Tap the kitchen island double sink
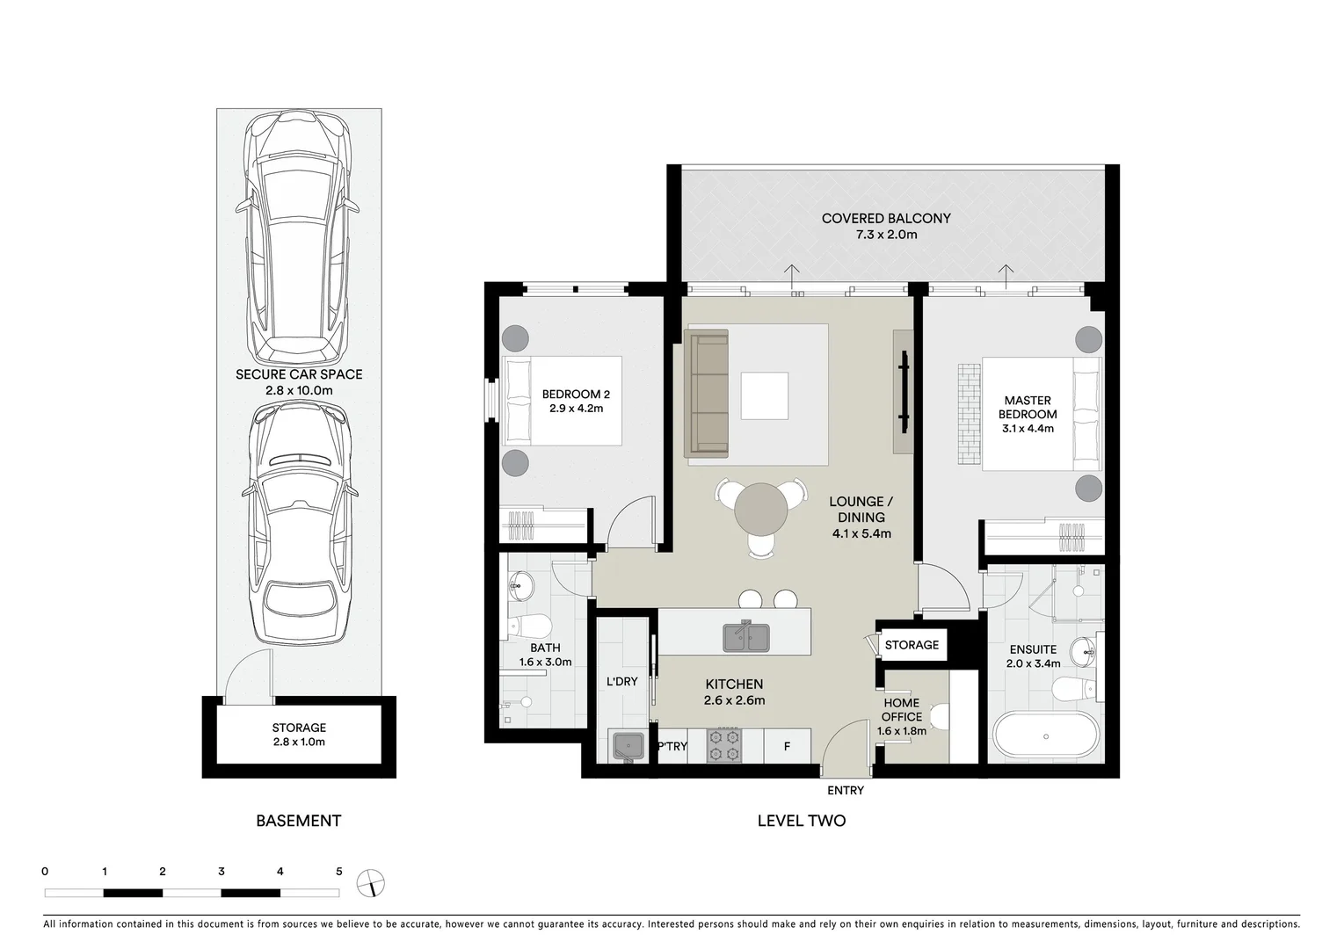click(x=746, y=636)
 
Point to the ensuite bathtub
click(x=1045, y=735)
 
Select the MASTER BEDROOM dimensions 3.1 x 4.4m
click(x=1028, y=429)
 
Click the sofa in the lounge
click(x=708, y=394)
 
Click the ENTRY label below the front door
click(x=845, y=791)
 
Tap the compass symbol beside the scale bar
click(x=371, y=882)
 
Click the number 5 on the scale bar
click(x=338, y=872)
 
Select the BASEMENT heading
click(x=298, y=821)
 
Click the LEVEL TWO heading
click(x=802, y=821)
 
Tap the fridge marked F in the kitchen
click(x=787, y=747)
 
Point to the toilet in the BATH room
click(x=527, y=626)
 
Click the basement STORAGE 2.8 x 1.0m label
click(x=299, y=735)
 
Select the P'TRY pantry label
click(x=672, y=747)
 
